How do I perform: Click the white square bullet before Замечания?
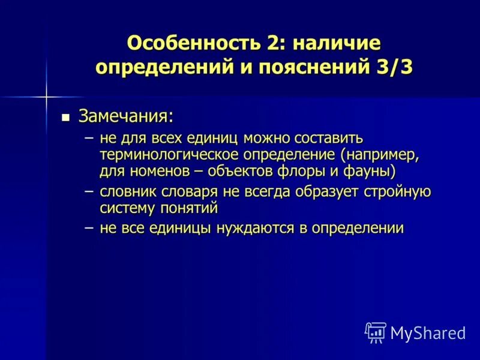(x=67, y=116)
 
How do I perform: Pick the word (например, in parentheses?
(x=379, y=155)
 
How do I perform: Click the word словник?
(x=128, y=192)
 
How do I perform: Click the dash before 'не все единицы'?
(x=89, y=229)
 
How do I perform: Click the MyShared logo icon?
(x=375, y=332)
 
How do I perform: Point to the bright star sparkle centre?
(x=46, y=95)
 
